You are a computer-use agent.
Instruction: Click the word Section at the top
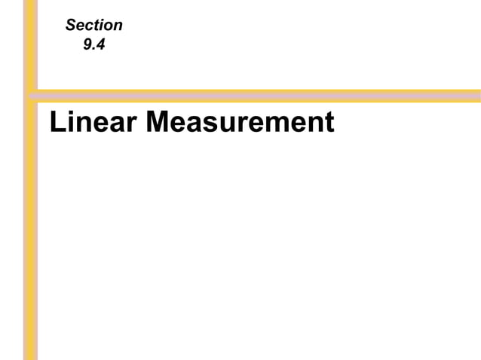point(93,26)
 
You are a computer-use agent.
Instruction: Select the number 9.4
point(93,44)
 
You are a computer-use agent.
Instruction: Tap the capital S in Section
point(71,26)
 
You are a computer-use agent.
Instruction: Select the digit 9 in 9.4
point(87,44)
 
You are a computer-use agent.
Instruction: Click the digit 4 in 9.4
point(100,44)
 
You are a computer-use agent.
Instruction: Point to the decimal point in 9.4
point(93,49)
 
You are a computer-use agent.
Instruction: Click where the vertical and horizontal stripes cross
point(31,96)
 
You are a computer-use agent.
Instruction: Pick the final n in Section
point(118,26)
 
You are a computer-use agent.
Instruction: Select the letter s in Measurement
point(210,124)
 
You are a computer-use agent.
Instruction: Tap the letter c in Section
point(88,26)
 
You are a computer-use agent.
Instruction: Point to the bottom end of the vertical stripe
point(31,356)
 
